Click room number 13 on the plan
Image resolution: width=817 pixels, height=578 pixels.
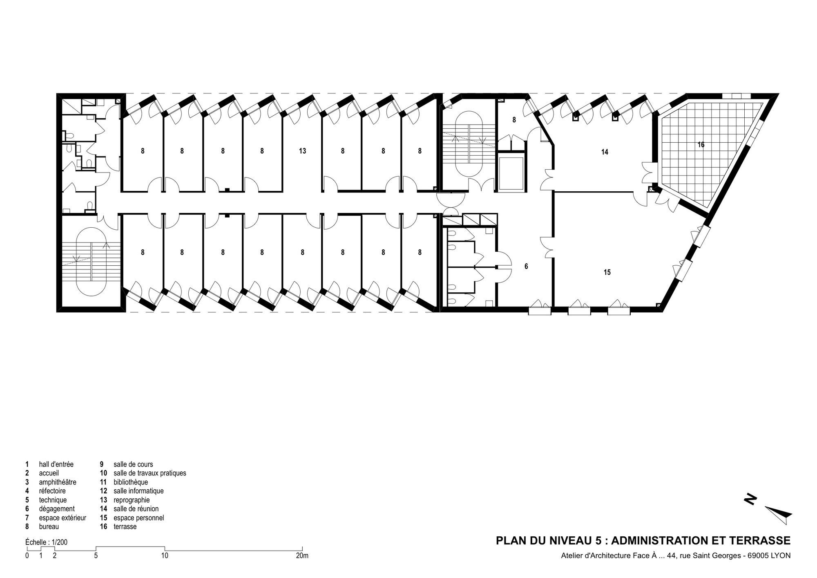302,151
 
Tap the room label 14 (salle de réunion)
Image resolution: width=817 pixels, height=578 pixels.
605,152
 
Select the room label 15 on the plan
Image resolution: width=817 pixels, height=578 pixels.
607,272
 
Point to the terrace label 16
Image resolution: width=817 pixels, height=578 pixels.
701,145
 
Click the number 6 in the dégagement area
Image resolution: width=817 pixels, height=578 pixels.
526,267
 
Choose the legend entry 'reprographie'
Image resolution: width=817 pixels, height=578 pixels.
132,500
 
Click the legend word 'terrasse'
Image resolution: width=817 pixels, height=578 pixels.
125,527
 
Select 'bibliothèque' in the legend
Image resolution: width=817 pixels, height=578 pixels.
131,482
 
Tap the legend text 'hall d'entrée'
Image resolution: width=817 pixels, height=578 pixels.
56,464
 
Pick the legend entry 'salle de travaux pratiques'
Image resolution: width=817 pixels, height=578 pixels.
150,473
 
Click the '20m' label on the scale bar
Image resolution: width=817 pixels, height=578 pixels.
302,556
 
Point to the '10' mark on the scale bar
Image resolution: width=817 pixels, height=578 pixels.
165,556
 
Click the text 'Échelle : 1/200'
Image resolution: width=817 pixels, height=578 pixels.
46,542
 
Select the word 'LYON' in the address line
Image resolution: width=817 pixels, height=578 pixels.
781,556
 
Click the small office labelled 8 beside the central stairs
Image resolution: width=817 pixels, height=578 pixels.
514,120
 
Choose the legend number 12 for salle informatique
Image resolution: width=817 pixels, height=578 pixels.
103,491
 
